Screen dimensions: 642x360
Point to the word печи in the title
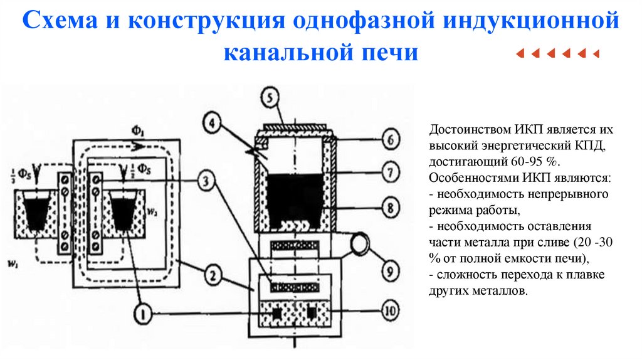[389, 51]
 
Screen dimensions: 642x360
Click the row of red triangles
[557, 53]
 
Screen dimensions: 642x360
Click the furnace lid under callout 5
[295, 127]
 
